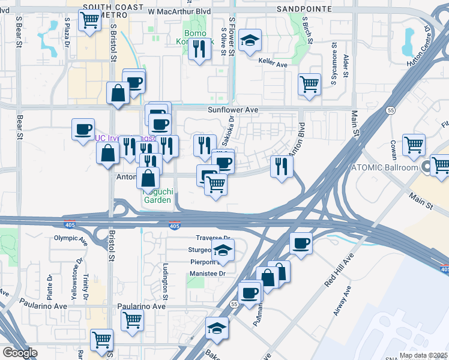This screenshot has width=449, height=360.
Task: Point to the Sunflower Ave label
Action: (233, 110)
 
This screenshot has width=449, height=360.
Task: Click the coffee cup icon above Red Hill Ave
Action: (301, 243)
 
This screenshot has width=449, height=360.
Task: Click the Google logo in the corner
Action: (19, 353)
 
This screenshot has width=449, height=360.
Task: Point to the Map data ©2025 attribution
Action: (423, 355)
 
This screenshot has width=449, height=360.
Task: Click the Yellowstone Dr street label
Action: (79, 275)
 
